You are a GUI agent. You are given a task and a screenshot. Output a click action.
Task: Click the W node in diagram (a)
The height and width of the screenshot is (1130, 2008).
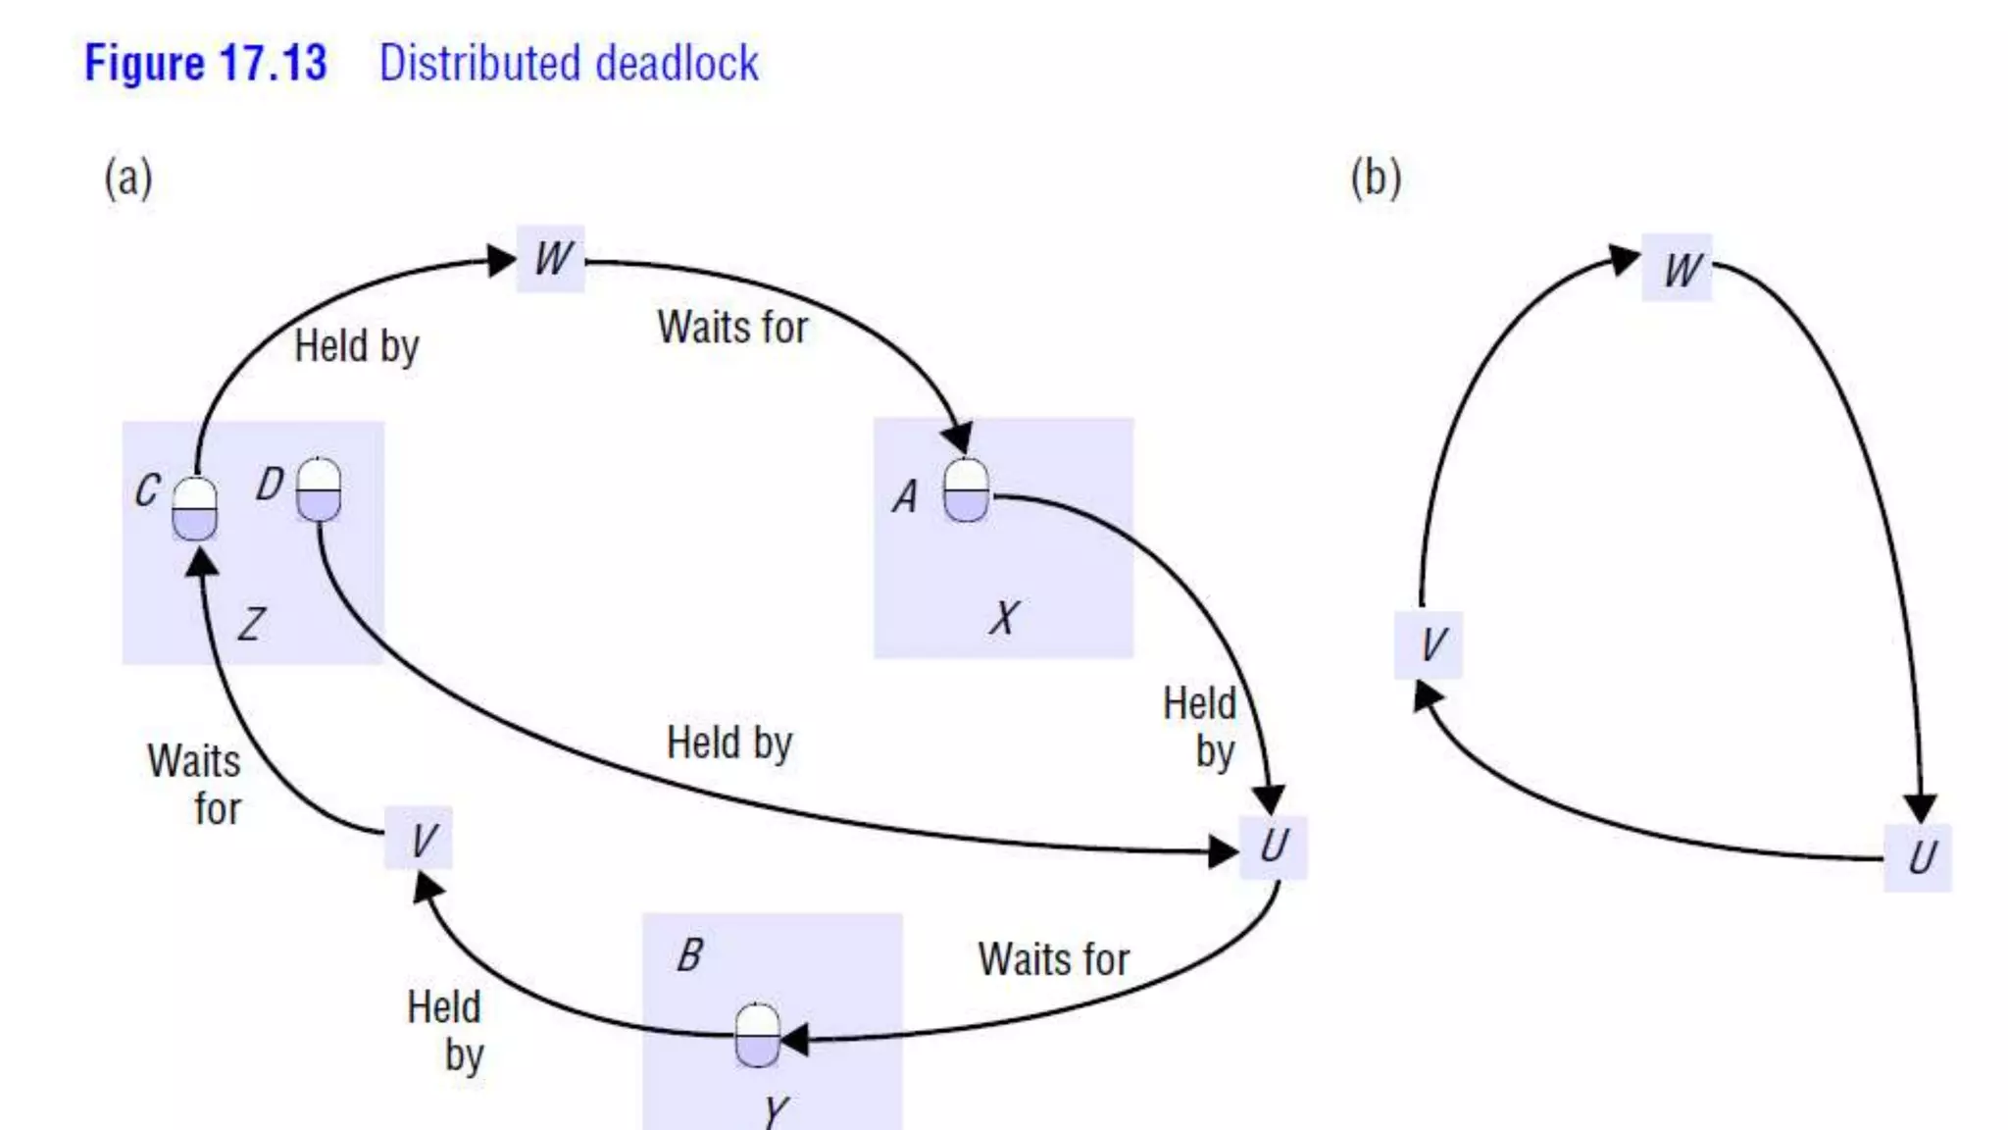551,259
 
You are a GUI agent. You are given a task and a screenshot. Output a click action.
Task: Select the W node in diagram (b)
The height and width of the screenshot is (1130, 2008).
1678,268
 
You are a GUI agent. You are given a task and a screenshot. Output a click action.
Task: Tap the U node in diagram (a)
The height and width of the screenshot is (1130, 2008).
1273,847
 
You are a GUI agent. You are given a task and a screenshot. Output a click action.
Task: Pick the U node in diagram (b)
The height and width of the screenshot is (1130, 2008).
1919,858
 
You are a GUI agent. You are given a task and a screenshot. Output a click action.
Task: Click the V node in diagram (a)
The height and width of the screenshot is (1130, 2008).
420,839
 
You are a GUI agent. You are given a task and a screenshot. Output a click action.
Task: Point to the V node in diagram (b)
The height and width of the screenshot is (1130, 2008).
1429,645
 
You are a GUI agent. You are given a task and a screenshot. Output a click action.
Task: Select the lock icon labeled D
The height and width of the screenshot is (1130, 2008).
319,489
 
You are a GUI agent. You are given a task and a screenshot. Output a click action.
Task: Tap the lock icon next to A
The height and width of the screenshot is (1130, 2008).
966,490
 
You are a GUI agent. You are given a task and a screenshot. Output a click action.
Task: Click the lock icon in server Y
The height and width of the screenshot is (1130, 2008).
757,1035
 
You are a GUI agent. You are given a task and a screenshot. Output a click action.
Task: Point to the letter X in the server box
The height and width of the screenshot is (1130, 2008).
1003,618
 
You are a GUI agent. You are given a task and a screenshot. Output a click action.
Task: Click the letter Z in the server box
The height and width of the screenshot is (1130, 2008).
251,623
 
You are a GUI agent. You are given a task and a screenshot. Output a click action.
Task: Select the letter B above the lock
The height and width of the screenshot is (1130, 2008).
689,954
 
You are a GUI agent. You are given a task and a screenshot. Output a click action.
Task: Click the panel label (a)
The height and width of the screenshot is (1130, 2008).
128,179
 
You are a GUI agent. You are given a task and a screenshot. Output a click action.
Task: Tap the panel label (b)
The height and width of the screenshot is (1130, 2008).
1376,179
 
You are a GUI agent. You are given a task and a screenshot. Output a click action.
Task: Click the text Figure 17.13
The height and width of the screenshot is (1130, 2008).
206,64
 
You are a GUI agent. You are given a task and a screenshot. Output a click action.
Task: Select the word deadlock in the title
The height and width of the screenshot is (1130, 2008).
677,64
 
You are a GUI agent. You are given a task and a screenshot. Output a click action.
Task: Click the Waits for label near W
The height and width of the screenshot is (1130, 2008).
732,328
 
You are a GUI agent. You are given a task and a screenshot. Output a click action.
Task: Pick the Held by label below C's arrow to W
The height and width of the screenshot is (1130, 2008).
357,347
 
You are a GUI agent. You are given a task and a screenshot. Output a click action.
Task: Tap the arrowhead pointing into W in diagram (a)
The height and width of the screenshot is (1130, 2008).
502,260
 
